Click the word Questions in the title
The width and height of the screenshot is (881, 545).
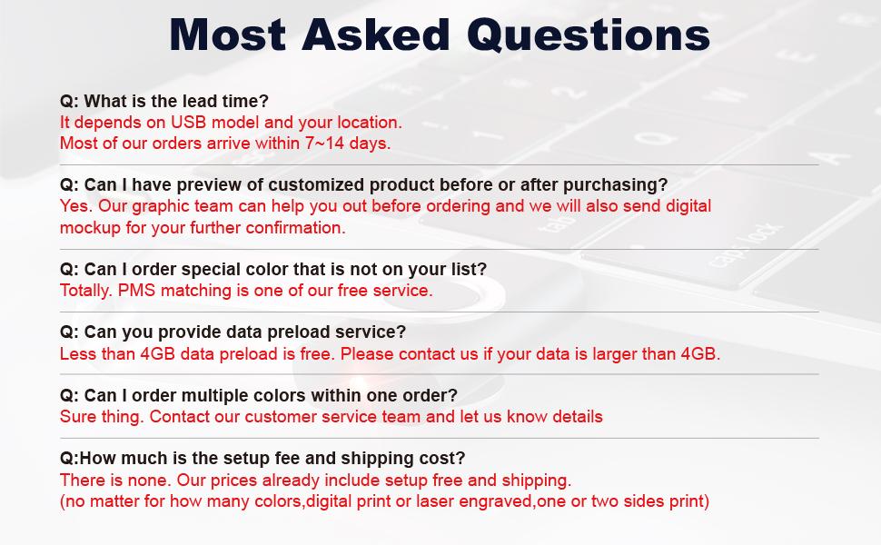589,35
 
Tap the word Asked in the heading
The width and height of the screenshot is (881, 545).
376,35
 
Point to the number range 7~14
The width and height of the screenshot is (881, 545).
324,144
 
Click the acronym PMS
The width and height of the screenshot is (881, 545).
137,291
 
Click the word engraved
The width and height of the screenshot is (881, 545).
495,501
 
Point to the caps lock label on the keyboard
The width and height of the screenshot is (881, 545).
745,244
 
